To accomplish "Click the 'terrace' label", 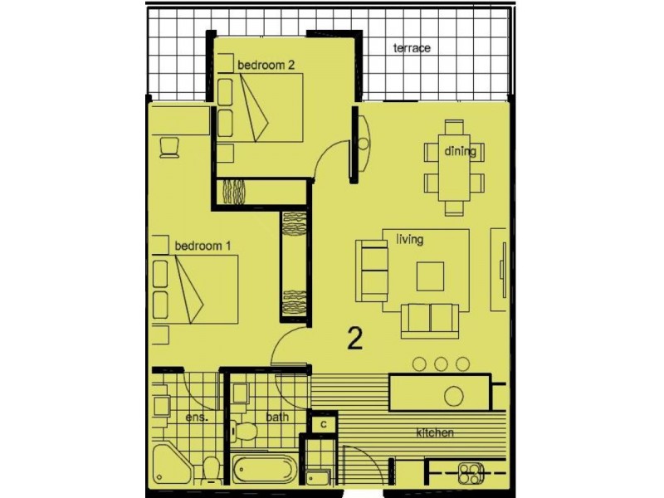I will tap(412, 48).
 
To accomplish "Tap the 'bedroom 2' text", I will tap(266, 66).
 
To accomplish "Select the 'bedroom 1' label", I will tap(203, 246).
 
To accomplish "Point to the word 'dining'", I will tap(460, 151).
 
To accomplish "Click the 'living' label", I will tap(409, 240).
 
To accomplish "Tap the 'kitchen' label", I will tap(435, 433).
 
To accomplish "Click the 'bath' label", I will tap(277, 417).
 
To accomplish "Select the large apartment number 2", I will tap(354, 339).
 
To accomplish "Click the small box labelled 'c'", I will tap(324, 424).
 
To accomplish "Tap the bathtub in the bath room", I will tap(264, 470).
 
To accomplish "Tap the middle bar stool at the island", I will tap(442, 364).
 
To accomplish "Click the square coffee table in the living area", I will tap(430, 276).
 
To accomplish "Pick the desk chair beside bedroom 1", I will tap(168, 145).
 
